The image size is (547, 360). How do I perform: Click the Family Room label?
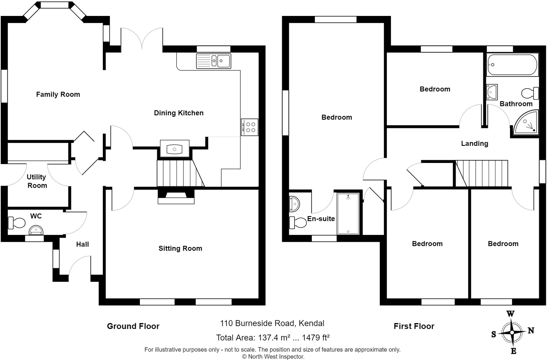(58, 94)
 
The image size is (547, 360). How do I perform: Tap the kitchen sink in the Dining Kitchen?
(213, 61)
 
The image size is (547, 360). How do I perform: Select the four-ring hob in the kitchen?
(250, 127)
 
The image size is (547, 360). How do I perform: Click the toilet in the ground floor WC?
(17, 223)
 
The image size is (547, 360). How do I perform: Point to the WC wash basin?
(36, 230)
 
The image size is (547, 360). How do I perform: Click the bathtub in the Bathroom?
(512, 65)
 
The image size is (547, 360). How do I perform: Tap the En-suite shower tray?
(348, 214)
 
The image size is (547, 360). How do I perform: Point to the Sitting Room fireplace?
(176, 197)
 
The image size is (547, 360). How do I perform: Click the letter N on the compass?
(531, 330)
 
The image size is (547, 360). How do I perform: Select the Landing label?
(474, 143)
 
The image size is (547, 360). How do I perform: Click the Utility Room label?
(37, 181)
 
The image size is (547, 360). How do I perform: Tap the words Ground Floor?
(133, 326)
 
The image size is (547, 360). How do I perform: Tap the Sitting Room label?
(180, 248)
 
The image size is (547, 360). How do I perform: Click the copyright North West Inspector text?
(273, 357)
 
